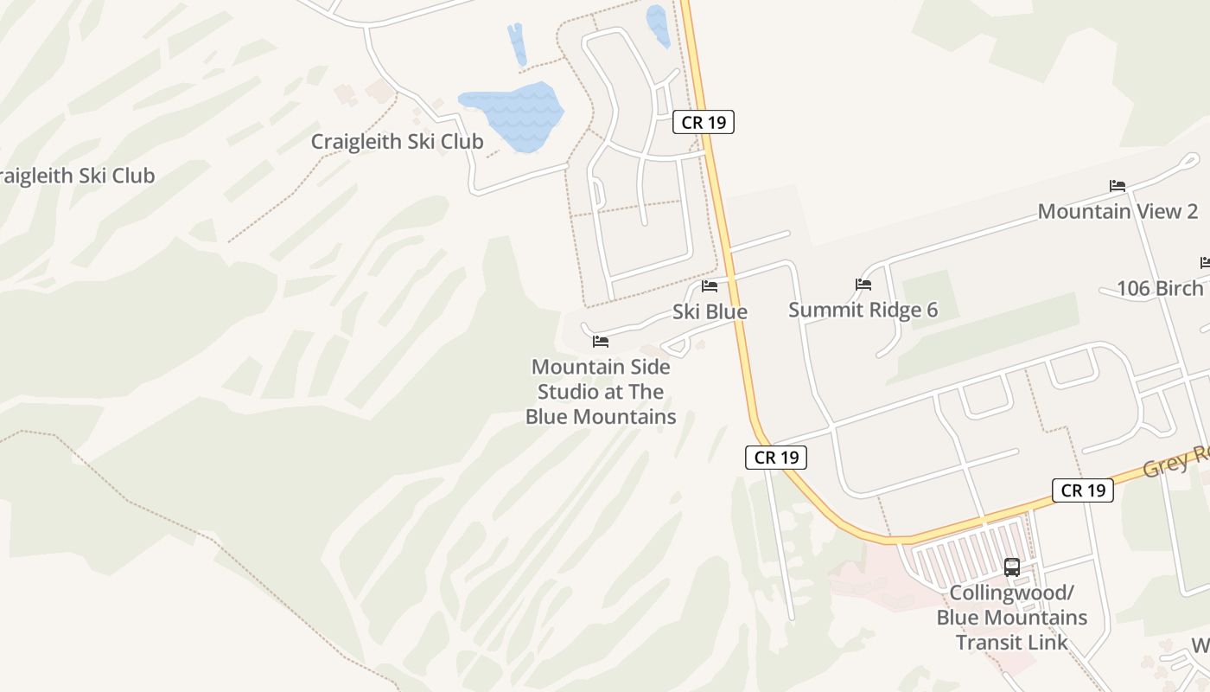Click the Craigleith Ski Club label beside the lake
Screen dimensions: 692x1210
point(397,141)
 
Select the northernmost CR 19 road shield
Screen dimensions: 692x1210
point(704,122)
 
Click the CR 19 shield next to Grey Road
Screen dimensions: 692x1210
point(1083,490)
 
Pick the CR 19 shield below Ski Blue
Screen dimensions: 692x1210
point(776,458)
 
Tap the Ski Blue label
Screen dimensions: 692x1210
point(710,311)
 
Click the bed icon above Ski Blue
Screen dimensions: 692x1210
point(710,286)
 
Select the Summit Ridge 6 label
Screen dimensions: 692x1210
point(863,310)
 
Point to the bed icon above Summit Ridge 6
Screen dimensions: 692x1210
point(863,284)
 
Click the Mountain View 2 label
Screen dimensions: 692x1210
point(1118,211)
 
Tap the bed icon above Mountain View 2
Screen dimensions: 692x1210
point(1118,185)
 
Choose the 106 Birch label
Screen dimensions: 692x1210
point(1160,288)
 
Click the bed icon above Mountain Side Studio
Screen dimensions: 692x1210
point(601,342)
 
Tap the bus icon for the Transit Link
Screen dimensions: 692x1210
point(1012,567)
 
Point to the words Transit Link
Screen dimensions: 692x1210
point(1012,643)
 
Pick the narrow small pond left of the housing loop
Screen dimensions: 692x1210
point(517,44)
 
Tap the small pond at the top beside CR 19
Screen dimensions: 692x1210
point(658,25)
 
